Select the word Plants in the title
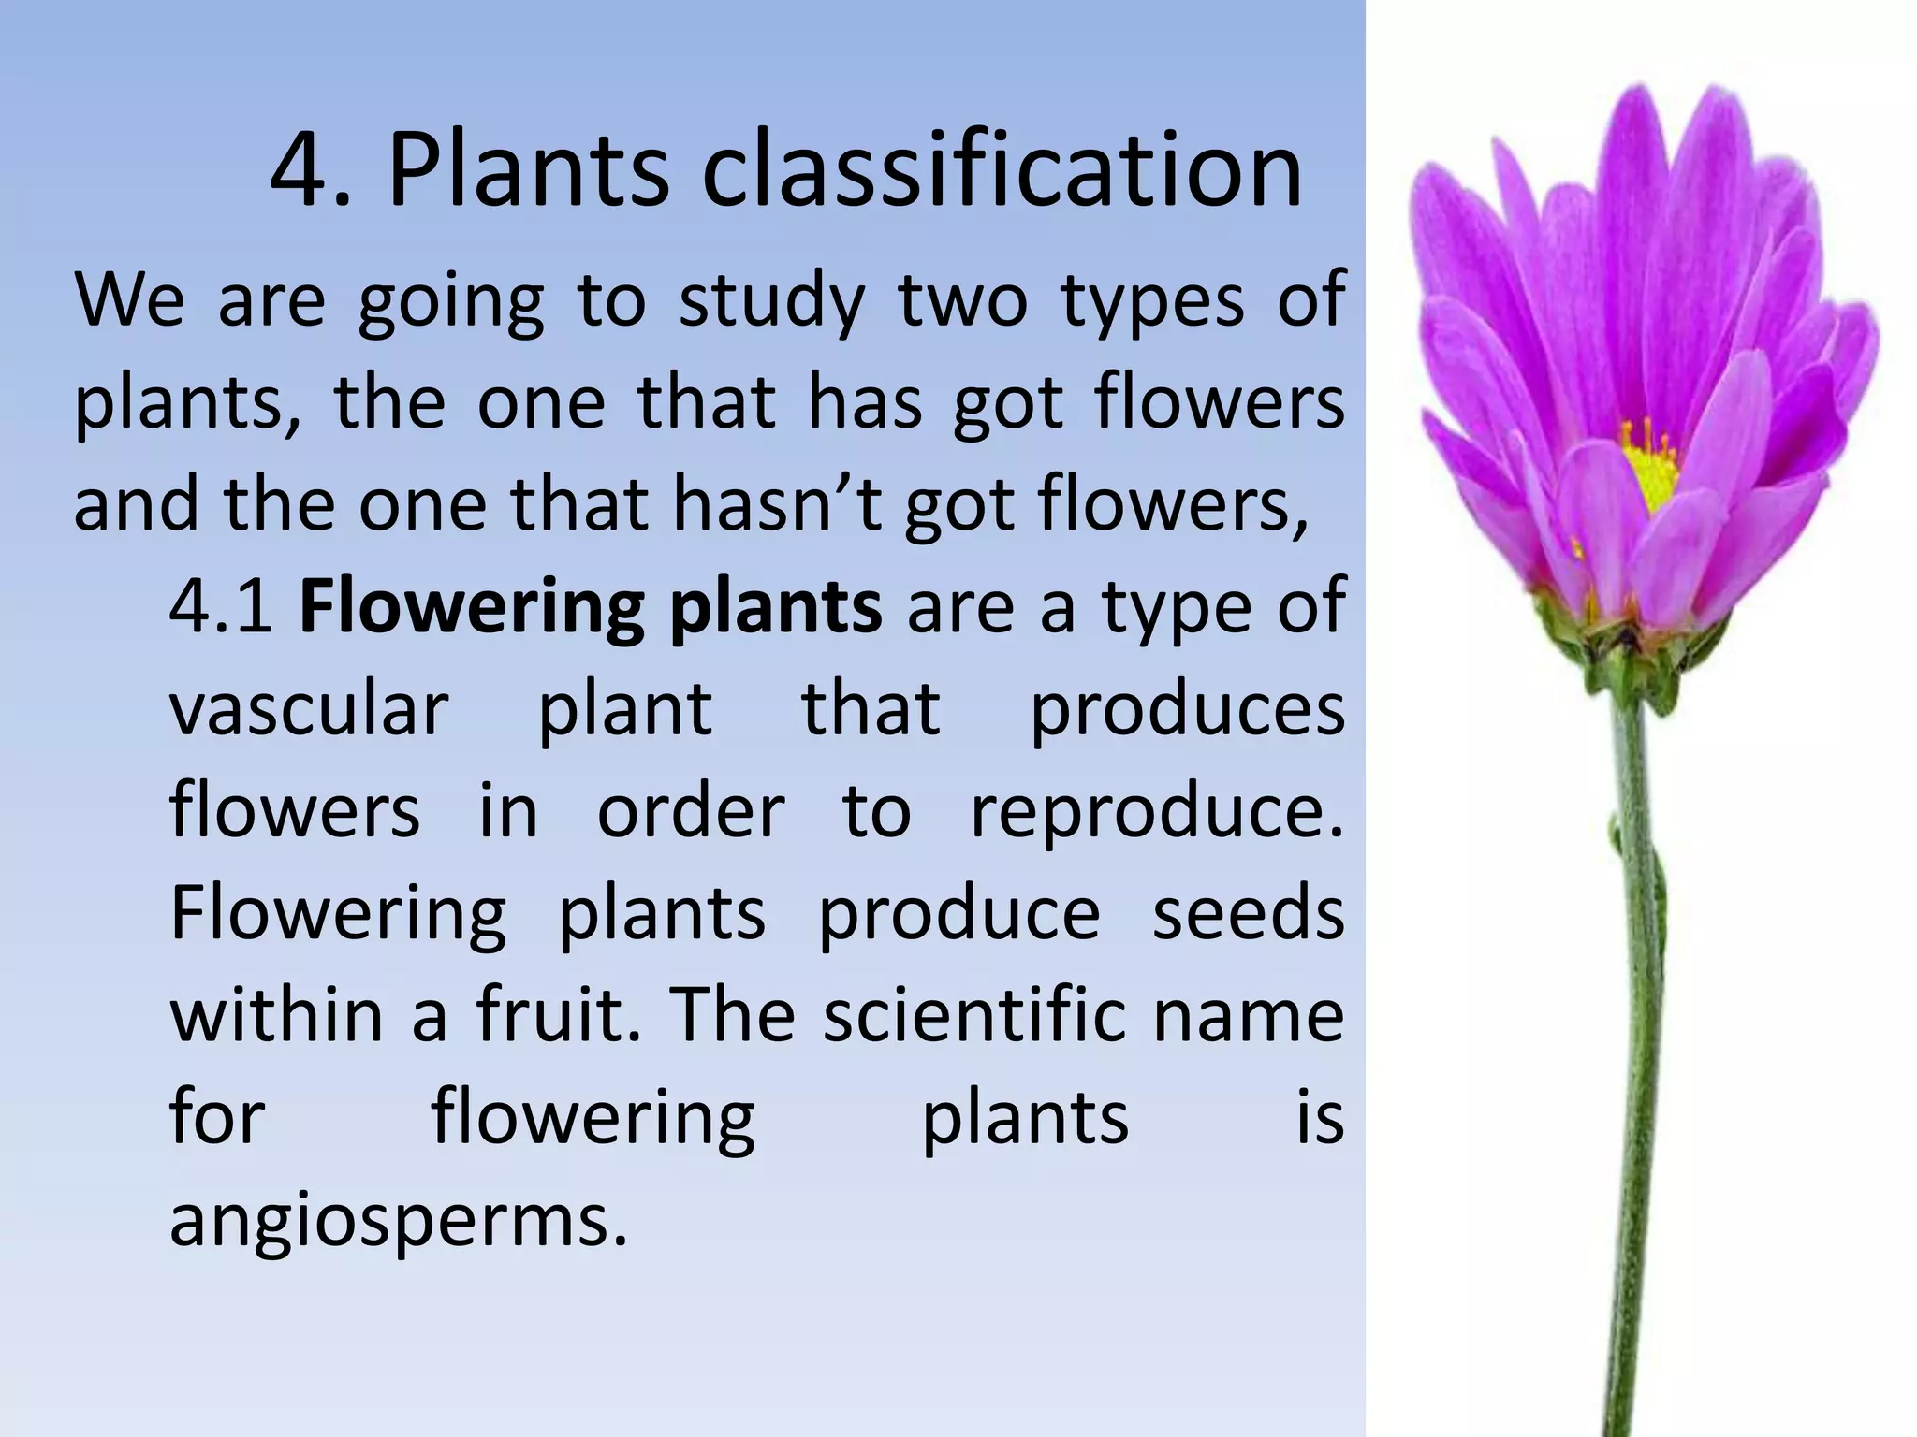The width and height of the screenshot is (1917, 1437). [529, 171]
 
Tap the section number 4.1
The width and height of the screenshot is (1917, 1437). [221, 606]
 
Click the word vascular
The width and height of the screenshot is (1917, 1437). [310, 708]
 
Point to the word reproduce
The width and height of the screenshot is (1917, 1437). [1157, 812]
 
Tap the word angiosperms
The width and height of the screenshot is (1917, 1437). [398, 1221]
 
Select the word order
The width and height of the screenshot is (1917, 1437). [691, 812]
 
